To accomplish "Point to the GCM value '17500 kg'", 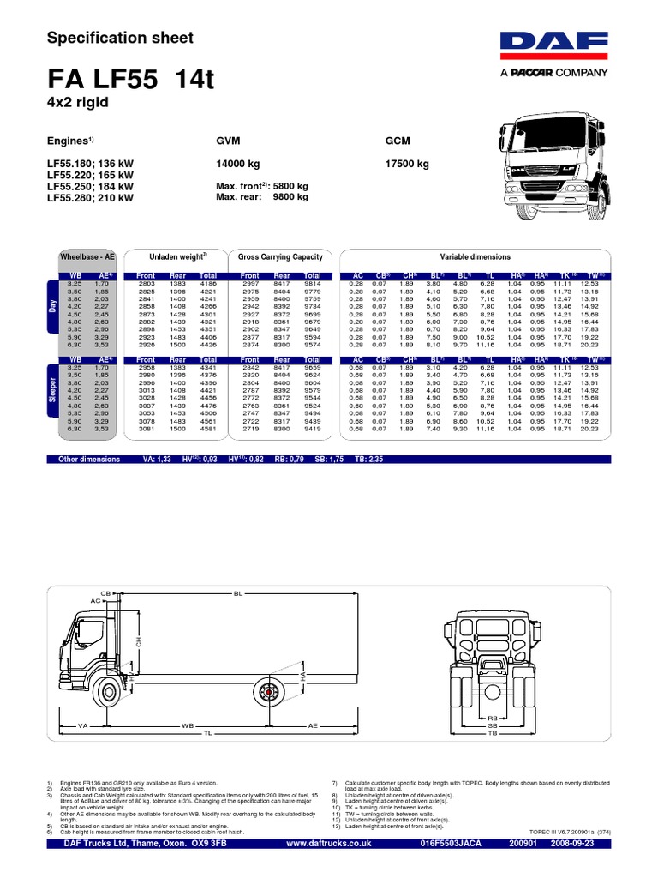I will pos(408,164).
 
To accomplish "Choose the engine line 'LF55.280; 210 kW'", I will pos(90,197).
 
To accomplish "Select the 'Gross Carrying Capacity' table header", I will pos(279,256).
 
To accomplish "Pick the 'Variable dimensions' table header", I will pos(475,256).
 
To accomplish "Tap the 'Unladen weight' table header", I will pos(175,256).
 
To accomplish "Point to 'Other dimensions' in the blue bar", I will pos(86,460).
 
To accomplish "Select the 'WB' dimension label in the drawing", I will pos(188,725).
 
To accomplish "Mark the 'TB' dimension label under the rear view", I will pos(492,735).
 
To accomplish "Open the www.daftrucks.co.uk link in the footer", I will pos(329,869).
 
